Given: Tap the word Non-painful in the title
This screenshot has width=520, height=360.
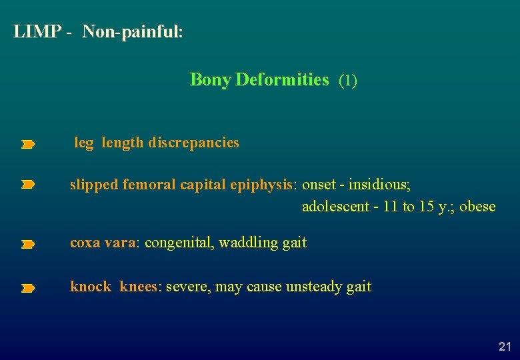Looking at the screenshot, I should (x=131, y=32).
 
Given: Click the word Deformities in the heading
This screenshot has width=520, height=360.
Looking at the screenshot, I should (x=282, y=80).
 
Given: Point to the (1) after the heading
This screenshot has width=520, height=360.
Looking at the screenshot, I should (x=348, y=81).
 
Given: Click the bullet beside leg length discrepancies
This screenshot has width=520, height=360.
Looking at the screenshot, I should (x=27, y=144).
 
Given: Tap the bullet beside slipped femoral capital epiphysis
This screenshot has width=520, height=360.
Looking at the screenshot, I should (x=27, y=185).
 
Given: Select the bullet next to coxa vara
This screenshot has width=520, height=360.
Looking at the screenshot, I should (x=27, y=245).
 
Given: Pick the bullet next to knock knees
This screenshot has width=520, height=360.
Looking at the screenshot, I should (x=27, y=289).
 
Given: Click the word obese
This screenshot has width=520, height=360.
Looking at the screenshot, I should (x=477, y=207).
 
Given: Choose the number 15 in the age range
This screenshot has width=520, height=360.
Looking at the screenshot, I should (x=427, y=207).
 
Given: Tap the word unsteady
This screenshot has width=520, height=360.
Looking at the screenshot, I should (x=315, y=287).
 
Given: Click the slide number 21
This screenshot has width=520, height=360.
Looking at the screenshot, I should (x=505, y=346).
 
